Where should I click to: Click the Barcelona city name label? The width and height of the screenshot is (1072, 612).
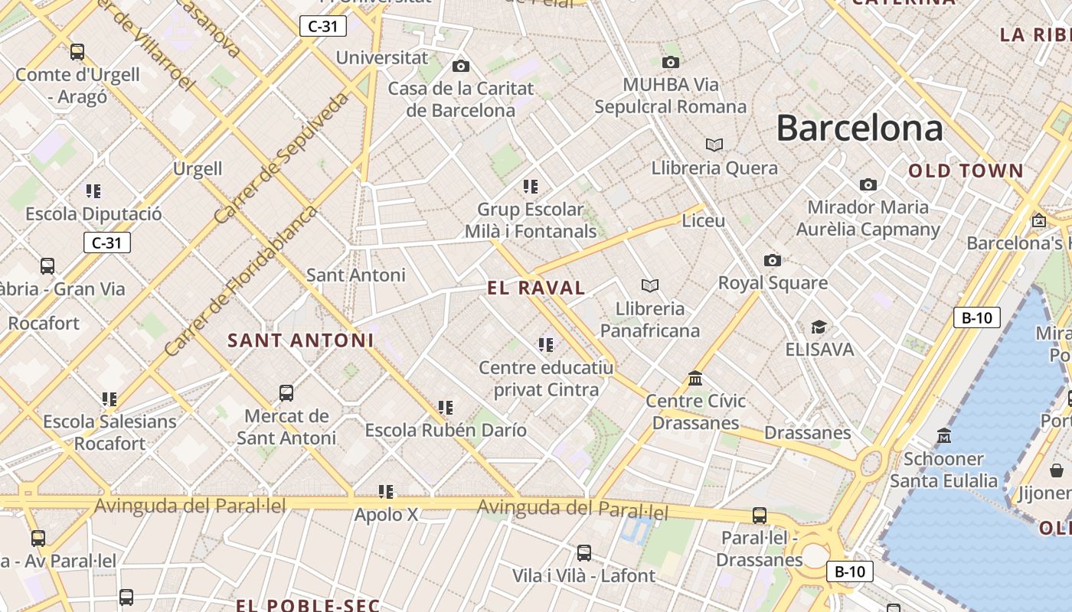click(x=859, y=128)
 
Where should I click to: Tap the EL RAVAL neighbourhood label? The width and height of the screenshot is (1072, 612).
click(x=537, y=288)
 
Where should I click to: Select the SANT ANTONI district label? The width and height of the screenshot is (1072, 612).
click(x=301, y=340)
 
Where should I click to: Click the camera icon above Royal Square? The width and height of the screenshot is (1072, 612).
click(x=773, y=261)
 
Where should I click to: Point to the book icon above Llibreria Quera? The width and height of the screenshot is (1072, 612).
click(x=714, y=145)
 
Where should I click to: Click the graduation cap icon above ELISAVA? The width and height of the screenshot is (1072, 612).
click(x=819, y=327)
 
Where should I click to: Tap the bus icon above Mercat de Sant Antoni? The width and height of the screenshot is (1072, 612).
click(x=286, y=393)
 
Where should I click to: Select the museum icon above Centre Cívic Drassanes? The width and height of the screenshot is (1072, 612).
click(x=695, y=378)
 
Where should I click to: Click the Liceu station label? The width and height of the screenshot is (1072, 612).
click(x=703, y=221)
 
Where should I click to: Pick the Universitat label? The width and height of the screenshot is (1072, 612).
click(x=382, y=57)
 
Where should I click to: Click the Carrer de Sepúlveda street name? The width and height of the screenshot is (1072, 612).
click(x=280, y=158)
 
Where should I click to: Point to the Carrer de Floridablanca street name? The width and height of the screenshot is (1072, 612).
click(x=240, y=281)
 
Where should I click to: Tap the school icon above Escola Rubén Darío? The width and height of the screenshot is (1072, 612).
click(x=445, y=408)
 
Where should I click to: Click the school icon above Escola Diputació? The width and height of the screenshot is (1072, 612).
click(x=93, y=191)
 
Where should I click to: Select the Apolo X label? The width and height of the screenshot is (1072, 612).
click(x=386, y=515)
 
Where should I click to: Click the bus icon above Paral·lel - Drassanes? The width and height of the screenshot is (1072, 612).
click(x=760, y=516)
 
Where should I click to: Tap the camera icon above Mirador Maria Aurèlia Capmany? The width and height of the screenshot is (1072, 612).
click(x=868, y=184)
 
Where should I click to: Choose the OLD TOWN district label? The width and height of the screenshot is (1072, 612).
click(x=966, y=171)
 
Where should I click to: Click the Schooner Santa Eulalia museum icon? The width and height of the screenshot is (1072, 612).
click(x=944, y=436)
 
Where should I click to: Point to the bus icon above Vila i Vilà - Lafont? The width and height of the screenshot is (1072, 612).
click(x=584, y=552)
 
